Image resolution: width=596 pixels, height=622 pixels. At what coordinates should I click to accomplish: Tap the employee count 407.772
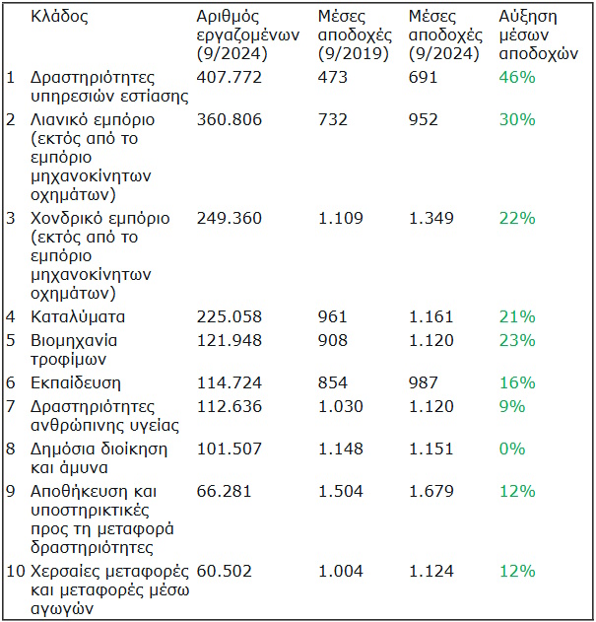pos(230,77)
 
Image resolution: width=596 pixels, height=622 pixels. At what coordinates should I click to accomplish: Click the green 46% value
pos(516,77)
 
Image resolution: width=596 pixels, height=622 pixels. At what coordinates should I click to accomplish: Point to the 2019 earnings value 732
pos(333,119)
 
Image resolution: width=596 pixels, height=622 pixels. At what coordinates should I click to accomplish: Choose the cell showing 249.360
pos(230,218)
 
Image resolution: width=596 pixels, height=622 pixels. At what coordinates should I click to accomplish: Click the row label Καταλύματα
pos(78,316)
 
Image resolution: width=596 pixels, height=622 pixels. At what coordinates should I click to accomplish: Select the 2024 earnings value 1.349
pos(431,218)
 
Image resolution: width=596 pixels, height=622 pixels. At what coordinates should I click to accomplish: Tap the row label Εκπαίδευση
pos(76,382)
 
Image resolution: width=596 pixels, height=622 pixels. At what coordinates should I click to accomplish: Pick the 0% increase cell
pos(512,449)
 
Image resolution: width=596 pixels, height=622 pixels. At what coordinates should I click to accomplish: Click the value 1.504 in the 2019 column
pos(341,490)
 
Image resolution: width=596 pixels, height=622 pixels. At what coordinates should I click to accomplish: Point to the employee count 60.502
pos(226,572)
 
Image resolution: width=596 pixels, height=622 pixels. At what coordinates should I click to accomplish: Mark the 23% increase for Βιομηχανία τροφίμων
pos(516,340)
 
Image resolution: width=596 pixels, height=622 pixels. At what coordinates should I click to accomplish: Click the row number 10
pos(15,572)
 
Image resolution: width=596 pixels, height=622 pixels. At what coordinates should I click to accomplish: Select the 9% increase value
pos(512,406)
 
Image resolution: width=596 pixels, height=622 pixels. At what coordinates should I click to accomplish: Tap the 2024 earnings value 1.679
pos(431,490)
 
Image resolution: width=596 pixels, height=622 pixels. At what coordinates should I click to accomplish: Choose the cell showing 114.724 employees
pos(230,382)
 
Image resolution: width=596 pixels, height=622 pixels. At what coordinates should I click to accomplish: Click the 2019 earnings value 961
pos(333,316)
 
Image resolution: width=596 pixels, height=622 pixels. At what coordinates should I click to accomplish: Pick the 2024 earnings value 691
pos(424,77)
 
